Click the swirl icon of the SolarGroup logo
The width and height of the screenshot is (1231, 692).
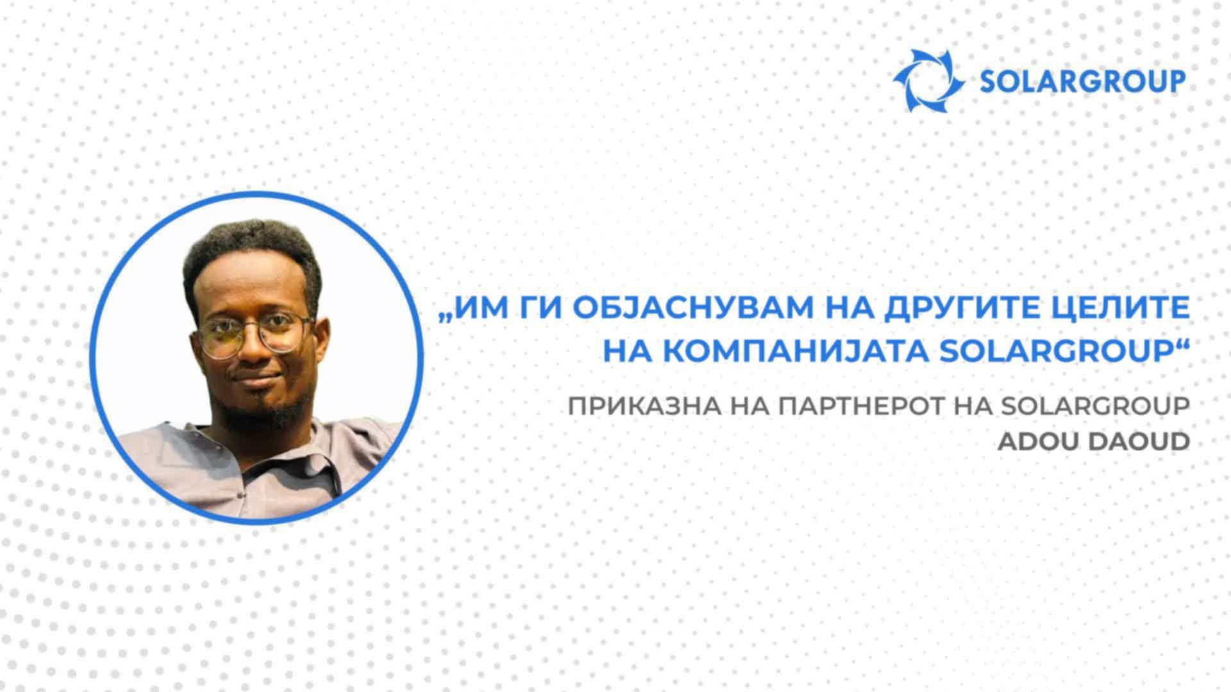point(929,81)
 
